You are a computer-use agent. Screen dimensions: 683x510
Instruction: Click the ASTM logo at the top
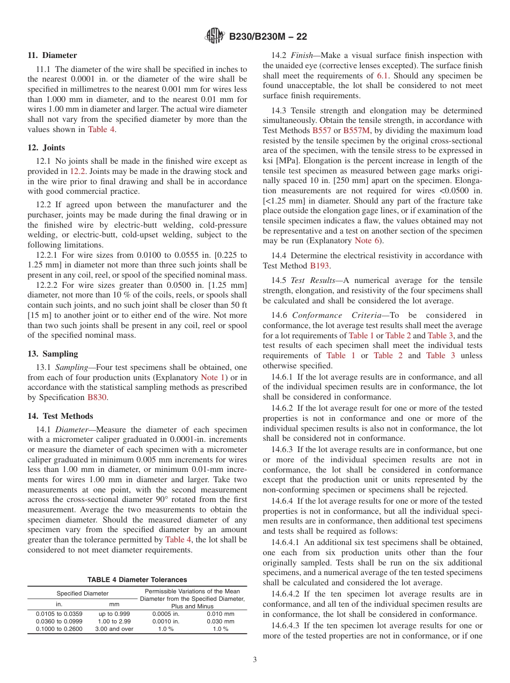tap(215, 37)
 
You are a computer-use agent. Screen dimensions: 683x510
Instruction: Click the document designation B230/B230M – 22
tap(268, 37)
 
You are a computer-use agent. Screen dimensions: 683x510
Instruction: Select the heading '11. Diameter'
tap(52, 55)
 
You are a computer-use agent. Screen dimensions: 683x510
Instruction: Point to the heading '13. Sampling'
tap(53, 354)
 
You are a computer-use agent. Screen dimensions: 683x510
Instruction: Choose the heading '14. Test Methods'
tap(60, 416)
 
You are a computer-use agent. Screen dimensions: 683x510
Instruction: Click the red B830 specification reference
tap(97, 398)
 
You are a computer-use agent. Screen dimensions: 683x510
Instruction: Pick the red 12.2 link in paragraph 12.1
tap(77, 171)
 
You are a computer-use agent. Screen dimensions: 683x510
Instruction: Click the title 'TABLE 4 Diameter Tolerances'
tap(137, 580)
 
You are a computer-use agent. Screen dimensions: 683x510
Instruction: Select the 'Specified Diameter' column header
tap(83, 593)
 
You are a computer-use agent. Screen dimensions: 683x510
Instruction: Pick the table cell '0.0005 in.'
tap(166, 614)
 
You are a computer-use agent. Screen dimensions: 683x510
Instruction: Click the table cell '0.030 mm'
tap(221, 621)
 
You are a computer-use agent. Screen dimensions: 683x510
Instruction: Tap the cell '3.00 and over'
tap(114, 629)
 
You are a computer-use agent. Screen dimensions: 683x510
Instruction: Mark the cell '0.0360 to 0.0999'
tap(59, 621)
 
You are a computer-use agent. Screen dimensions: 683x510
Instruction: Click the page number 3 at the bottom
tap(255, 660)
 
